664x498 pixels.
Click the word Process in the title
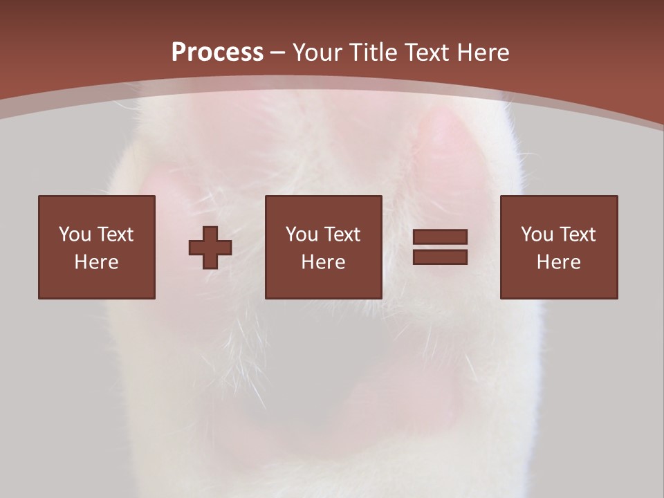[217, 53]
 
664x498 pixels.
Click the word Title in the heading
[374, 53]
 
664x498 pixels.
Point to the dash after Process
[277, 53]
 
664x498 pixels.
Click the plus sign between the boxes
[210, 248]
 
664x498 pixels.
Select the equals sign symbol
[440, 247]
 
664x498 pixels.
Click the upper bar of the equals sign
[440, 237]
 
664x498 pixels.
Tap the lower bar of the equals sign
[440, 257]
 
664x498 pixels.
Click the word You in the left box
[75, 234]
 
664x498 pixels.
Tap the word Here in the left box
[97, 262]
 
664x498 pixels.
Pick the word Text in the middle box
[342, 234]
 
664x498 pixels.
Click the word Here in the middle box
[324, 262]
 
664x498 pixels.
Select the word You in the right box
[537, 234]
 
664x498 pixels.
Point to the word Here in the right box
[559, 262]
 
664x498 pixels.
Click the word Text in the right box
[578, 234]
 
